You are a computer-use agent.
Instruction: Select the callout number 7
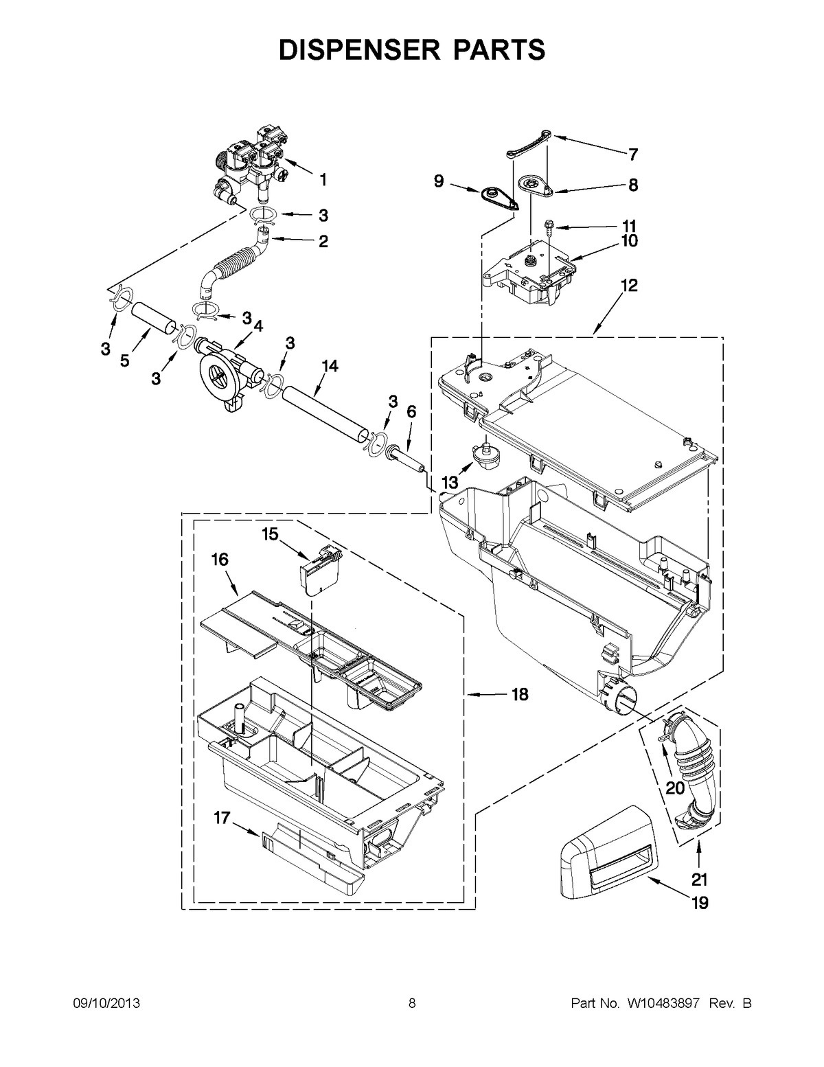click(x=632, y=154)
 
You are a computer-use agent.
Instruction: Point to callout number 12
click(x=630, y=285)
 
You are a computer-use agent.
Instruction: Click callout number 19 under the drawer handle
click(x=699, y=903)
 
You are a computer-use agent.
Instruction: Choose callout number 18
click(x=520, y=695)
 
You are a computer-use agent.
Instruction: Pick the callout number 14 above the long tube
click(x=330, y=367)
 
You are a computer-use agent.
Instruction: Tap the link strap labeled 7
click(x=529, y=144)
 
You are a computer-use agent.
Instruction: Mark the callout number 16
click(x=219, y=560)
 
